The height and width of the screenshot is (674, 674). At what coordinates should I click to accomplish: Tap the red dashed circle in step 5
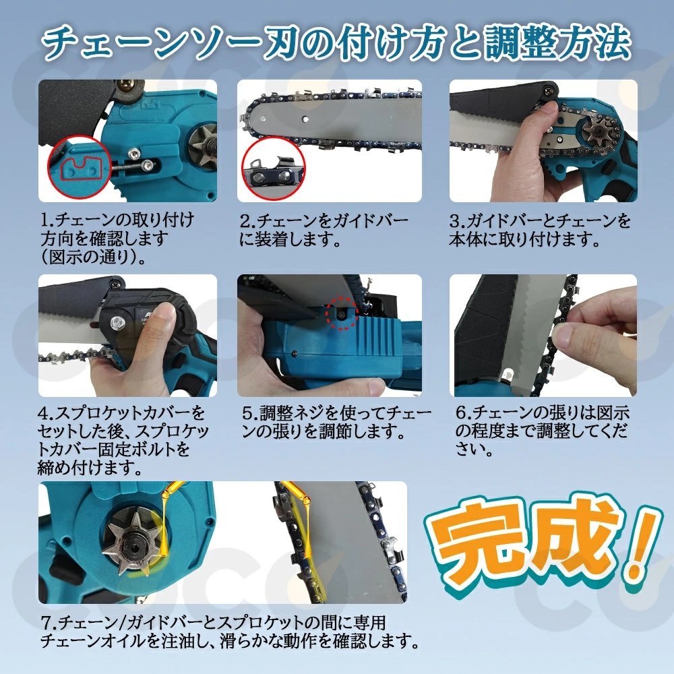coord(341,314)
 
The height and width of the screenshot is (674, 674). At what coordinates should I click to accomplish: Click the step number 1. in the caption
coord(48,220)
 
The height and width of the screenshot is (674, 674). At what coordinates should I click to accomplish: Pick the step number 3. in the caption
coord(458,221)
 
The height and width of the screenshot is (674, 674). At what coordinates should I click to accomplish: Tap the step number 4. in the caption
coord(47,414)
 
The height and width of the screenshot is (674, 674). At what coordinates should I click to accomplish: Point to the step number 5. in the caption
coord(250,414)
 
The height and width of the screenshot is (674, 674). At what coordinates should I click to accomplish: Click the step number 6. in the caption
coord(464,413)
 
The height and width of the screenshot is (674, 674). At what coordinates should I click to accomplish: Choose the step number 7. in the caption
coord(49,622)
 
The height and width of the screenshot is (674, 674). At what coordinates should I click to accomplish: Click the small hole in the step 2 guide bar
coord(305,119)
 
